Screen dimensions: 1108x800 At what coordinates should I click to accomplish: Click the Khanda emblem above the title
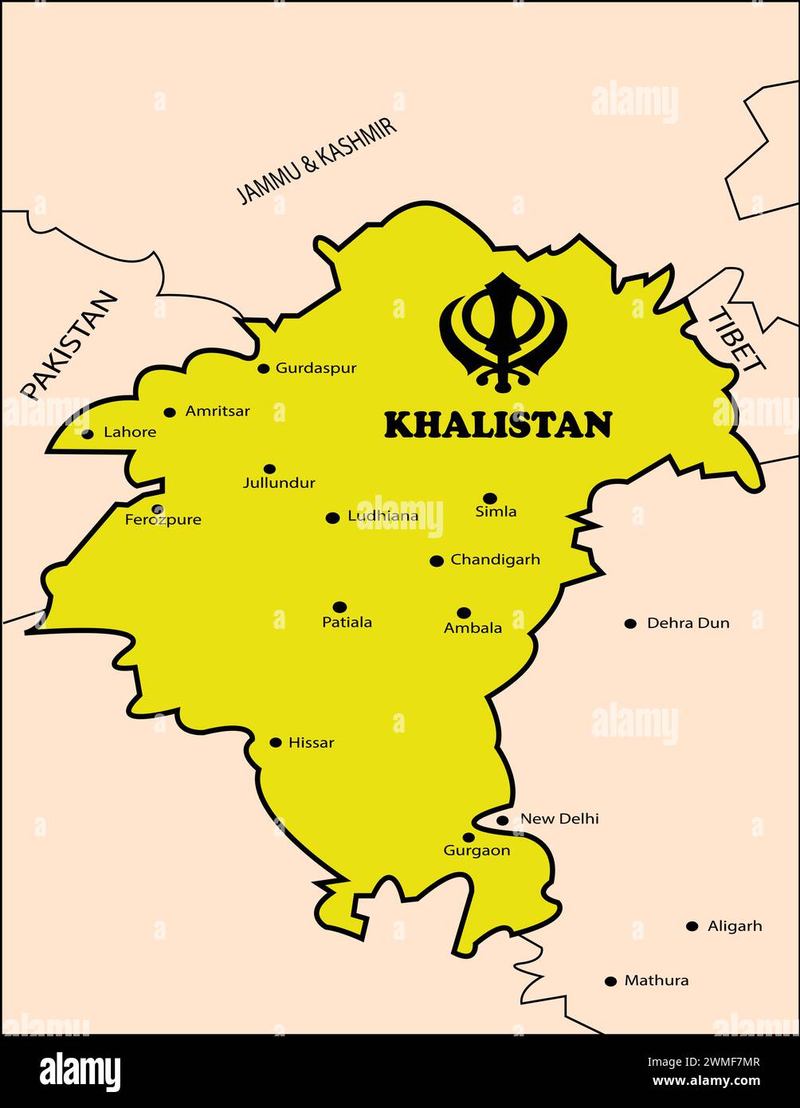click(x=503, y=332)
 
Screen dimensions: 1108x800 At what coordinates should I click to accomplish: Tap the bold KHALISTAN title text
click(x=498, y=425)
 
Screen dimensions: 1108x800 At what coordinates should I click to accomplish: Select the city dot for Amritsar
click(x=170, y=412)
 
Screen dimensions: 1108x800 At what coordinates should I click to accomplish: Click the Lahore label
click(x=130, y=432)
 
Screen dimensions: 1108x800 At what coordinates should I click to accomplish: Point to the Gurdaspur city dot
click(x=264, y=368)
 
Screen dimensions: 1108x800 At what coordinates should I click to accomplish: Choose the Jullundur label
click(x=279, y=483)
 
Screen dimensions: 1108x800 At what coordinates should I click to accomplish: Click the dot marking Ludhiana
click(x=333, y=518)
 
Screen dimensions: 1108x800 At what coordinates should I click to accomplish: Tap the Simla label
click(x=496, y=512)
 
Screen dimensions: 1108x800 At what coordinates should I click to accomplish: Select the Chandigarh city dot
click(x=437, y=561)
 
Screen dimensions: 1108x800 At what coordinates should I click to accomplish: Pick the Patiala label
click(x=347, y=623)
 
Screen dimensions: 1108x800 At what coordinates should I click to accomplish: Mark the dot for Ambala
click(x=464, y=613)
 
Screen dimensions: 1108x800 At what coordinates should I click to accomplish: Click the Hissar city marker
click(x=276, y=743)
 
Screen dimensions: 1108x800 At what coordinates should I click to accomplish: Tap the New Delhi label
click(x=559, y=819)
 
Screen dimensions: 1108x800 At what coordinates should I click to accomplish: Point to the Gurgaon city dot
click(x=469, y=837)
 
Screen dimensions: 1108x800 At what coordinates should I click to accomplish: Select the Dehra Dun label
click(x=688, y=623)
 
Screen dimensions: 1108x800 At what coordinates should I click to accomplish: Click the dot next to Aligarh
click(x=692, y=926)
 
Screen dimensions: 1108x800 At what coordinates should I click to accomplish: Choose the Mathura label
click(x=657, y=981)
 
